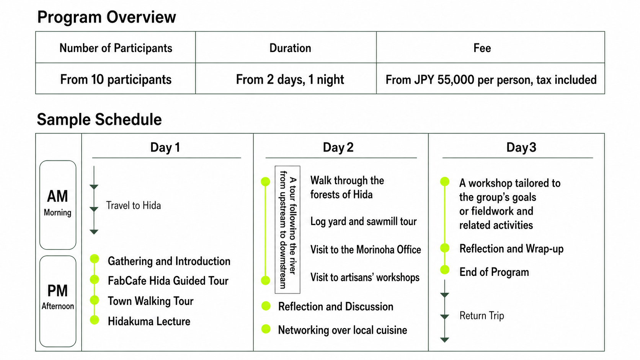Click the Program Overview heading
(x=106, y=17)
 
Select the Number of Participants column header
(x=116, y=48)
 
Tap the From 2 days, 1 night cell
(x=290, y=79)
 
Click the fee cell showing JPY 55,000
(x=491, y=80)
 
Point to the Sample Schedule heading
(x=99, y=119)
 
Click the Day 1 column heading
(x=165, y=147)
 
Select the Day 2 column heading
(x=338, y=147)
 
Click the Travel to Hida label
(x=134, y=205)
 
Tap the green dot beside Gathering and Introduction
(x=94, y=259)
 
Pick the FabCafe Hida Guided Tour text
(x=168, y=281)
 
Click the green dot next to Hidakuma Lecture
(x=94, y=320)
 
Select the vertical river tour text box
(x=287, y=230)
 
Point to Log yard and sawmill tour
(x=363, y=221)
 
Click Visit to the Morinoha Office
(x=366, y=249)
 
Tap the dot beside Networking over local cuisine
(x=266, y=329)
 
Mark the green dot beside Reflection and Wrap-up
(x=444, y=248)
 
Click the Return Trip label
(x=482, y=316)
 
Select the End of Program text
(x=494, y=272)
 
